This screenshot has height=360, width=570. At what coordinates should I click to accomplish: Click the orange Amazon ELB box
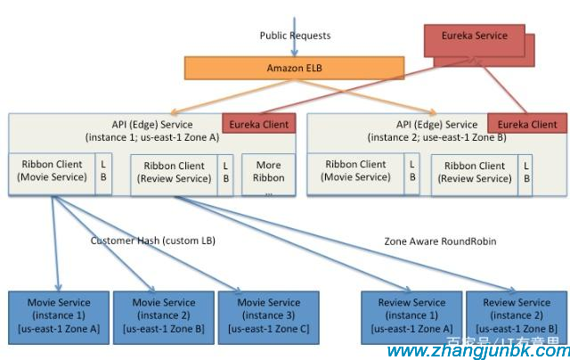tap(293, 68)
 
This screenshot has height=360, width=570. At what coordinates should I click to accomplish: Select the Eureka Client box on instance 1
tap(258, 125)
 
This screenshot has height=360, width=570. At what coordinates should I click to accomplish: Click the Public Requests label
tap(295, 36)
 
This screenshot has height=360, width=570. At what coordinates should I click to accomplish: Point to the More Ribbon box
tap(268, 176)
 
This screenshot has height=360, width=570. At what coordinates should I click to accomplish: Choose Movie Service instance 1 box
tap(58, 315)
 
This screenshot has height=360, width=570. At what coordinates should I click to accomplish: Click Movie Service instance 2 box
tap(163, 315)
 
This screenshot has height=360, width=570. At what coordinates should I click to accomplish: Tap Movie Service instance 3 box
tap(268, 315)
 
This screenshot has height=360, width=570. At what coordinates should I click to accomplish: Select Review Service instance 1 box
tap(411, 315)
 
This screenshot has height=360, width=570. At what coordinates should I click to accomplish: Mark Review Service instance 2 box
tap(517, 315)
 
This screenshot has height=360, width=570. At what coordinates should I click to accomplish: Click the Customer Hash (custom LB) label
tap(153, 241)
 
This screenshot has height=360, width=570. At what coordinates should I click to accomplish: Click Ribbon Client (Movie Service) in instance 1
tap(50, 171)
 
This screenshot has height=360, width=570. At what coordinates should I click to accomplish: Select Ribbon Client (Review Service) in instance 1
tap(173, 172)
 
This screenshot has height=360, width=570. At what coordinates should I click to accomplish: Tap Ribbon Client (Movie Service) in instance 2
tap(356, 171)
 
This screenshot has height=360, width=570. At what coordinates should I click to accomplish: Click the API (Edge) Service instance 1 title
tap(151, 130)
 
